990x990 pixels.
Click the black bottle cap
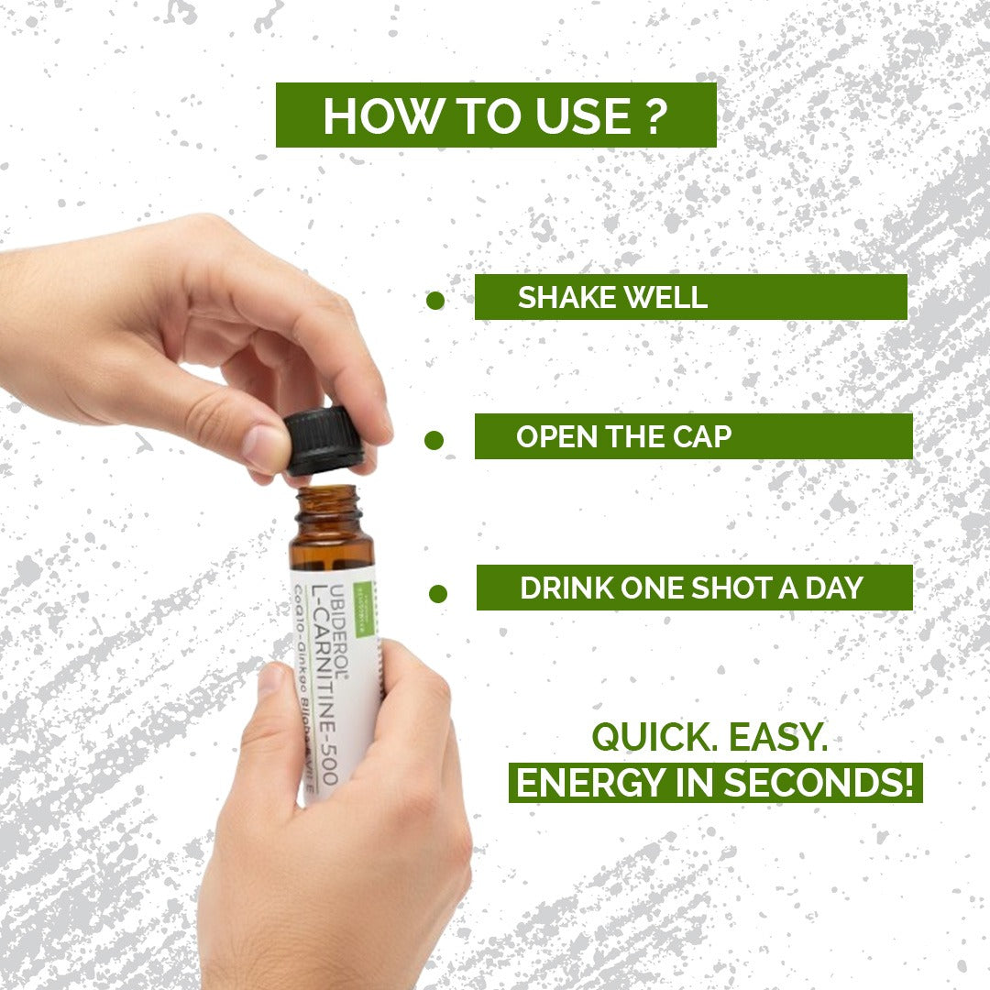point(324,441)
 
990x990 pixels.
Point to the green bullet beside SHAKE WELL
point(435,301)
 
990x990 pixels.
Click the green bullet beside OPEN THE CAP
point(434,441)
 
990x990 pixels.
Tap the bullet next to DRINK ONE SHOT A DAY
point(438,593)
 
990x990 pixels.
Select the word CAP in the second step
point(703,436)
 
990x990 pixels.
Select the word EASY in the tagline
point(790,737)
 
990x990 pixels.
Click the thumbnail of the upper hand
point(265,446)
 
